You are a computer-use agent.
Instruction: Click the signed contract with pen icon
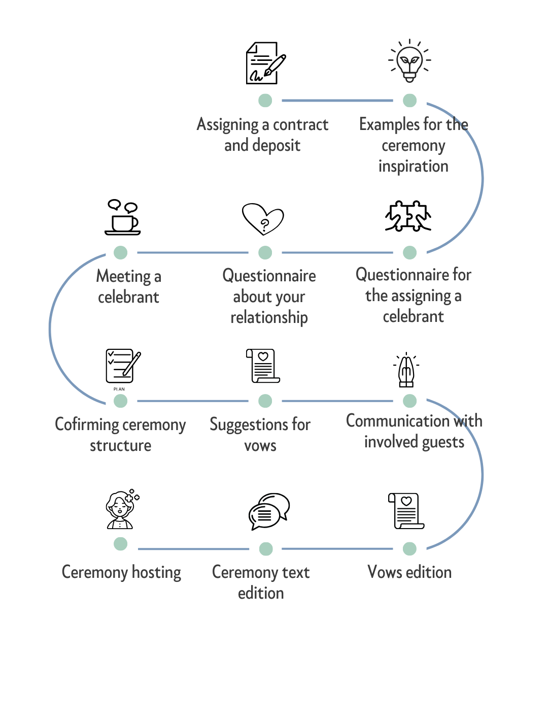point(266,63)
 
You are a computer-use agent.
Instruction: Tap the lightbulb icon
point(409,60)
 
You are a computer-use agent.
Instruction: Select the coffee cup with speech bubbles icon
point(123,217)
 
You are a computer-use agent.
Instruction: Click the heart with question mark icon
point(263,219)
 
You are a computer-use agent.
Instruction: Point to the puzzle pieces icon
point(408,216)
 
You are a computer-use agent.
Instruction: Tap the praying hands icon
point(406,370)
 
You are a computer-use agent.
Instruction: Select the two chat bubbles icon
point(269,511)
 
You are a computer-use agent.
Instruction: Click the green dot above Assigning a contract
point(265,101)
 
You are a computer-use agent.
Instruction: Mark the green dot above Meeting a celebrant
point(121,252)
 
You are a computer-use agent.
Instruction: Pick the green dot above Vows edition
point(409,548)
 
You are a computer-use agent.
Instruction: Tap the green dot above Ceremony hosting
point(121,544)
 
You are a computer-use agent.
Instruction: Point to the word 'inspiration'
point(414,166)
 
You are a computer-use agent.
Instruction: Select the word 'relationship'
point(269,318)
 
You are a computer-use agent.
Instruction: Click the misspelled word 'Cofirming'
point(87,425)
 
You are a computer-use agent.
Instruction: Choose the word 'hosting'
point(156,572)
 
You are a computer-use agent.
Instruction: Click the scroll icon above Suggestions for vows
point(263,366)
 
